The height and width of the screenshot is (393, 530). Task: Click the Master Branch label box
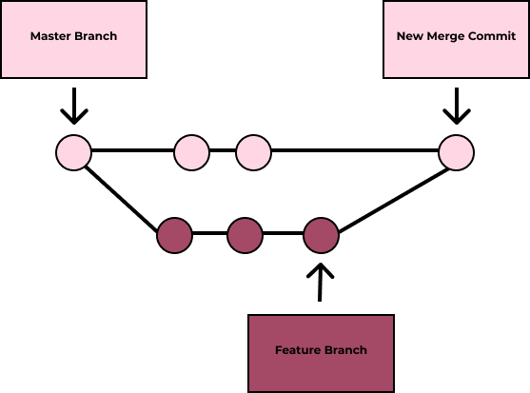click(x=73, y=40)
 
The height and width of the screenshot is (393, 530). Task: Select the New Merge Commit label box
click(x=457, y=40)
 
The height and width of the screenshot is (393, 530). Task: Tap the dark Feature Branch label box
click(x=321, y=353)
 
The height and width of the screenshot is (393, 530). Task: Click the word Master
click(x=50, y=36)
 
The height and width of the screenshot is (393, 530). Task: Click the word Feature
click(x=297, y=350)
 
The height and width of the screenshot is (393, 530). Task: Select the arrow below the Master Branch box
click(x=74, y=106)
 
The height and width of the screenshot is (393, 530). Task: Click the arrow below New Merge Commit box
click(x=457, y=106)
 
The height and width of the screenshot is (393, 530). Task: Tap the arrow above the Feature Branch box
click(x=320, y=283)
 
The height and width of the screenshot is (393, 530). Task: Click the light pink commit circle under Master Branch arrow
click(x=73, y=153)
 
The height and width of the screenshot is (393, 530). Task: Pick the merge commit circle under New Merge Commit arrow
click(x=457, y=153)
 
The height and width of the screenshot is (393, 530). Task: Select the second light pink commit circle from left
click(x=191, y=153)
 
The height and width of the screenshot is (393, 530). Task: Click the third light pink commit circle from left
click(x=253, y=153)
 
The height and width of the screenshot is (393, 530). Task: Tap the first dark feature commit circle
click(x=174, y=235)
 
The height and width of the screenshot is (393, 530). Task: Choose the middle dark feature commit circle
click(x=245, y=235)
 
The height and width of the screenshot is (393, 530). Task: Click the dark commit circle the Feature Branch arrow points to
click(x=321, y=235)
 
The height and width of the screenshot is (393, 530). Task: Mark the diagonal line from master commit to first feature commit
click(x=121, y=200)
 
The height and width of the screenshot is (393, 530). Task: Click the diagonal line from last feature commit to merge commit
click(x=394, y=200)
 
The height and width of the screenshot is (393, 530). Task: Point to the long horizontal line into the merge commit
click(x=355, y=150)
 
